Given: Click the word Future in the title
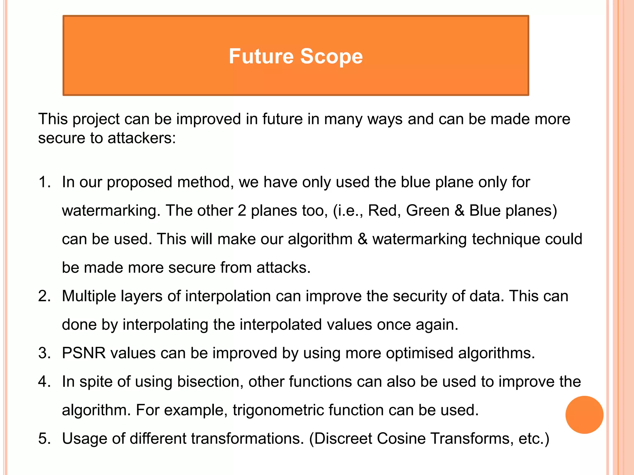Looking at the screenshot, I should tap(261, 56).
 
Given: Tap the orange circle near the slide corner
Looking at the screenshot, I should tap(584, 415).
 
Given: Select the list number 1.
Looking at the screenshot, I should tap(44, 182).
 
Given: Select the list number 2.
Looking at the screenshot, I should tap(44, 296).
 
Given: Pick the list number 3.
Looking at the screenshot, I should tap(44, 353).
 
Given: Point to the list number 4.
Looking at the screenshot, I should tap(44, 382).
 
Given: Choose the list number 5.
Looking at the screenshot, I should tap(44, 439).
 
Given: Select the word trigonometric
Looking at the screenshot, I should tap(278, 410).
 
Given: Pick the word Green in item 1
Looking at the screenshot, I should tap(428, 211).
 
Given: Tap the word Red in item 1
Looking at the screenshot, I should tap(382, 211).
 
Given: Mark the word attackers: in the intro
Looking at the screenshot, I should tap(141, 138).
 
